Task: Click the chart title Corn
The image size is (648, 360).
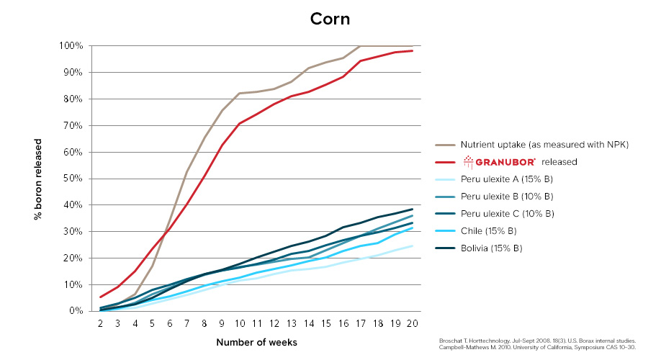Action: [x=330, y=19]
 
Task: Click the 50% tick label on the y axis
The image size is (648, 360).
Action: [x=75, y=179]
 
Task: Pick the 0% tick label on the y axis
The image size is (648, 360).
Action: [x=76, y=311]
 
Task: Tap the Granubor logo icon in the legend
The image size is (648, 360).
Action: [x=469, y=161]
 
